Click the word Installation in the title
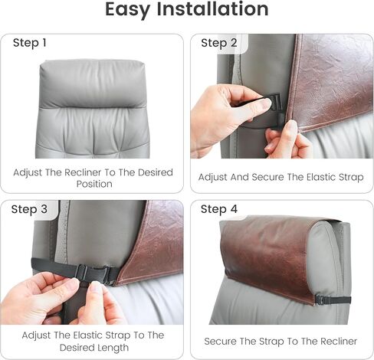click(x=212, y=9)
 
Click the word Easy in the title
click(x=127, y=10)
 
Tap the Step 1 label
click(x=30, y=43)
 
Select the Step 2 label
click(x=219, y=43)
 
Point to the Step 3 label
click(x=29, y=209)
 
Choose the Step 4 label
click(x=219, y=209)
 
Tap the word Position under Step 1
click(x=94, y=184)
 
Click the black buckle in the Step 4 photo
click(x=320, y=299)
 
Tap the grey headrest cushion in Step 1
click(x=92, y=84)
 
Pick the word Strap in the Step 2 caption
click(x=351, y=178)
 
